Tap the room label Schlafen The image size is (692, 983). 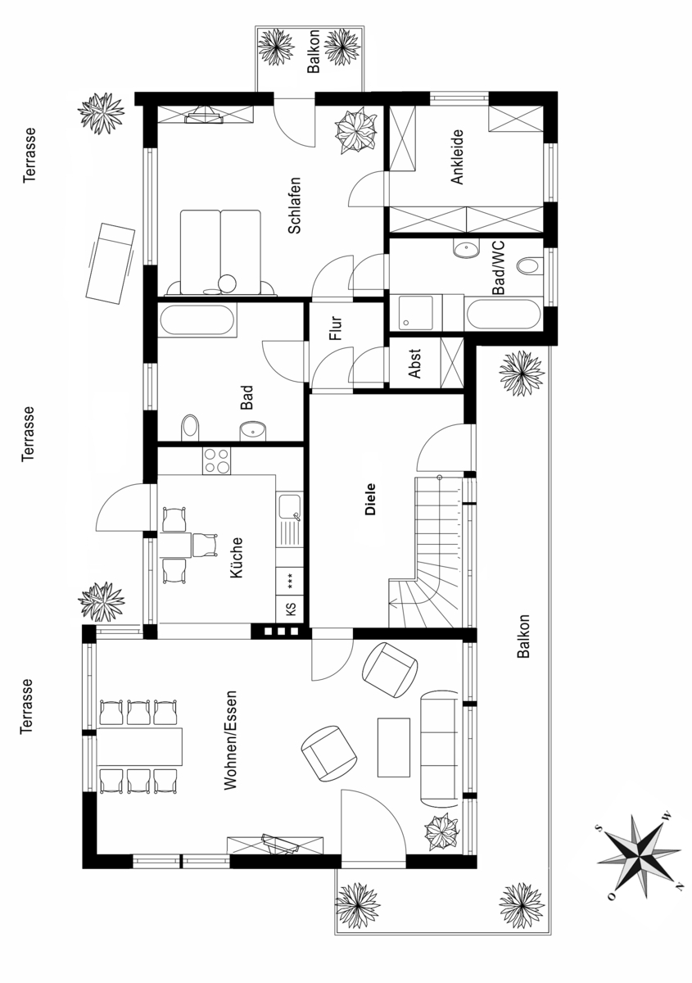295,205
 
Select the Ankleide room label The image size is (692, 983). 457,156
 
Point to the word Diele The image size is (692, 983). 370,499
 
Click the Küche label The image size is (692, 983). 236,557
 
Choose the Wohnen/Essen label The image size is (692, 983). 230,741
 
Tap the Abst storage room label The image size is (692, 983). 414,364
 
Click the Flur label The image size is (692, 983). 336,328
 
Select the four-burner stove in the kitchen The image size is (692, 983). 216,460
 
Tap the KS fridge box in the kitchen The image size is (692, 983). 290,609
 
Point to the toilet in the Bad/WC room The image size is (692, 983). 530,266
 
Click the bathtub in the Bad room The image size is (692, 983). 197,320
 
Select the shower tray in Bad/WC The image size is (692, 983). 416,312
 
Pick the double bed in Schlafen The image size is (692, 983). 221,252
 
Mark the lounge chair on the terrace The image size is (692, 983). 111,262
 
